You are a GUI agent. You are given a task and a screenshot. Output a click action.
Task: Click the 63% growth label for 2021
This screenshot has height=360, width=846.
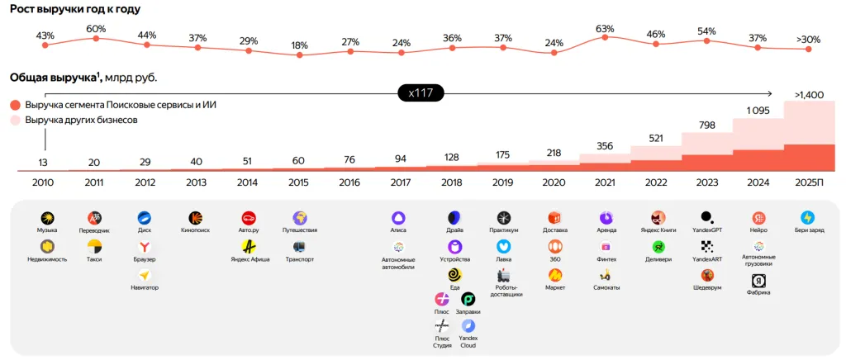[x=605, y=29]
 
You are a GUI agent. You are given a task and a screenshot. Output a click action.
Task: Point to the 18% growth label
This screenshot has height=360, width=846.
[x=299, y=45]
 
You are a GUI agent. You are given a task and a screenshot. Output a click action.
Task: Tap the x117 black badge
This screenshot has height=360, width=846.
[x=421, y=93]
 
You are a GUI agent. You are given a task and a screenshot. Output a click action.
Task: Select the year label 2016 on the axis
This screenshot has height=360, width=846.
[x=350, y=182]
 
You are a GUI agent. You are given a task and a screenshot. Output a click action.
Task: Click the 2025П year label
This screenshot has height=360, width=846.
[x=809, y=182]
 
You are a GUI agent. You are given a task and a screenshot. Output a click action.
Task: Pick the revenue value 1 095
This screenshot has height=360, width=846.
[x=758, y=111]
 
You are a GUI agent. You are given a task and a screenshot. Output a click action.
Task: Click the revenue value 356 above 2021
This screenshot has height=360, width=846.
[x=605, y=146]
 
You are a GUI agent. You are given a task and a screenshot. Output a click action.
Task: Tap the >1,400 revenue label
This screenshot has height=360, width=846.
[x=809, y=95]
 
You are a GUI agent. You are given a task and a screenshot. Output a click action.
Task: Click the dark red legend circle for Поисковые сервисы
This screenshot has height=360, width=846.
[x=15, y=106]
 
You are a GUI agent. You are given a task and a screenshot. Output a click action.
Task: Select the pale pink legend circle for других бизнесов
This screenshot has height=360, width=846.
[x=15, y=121]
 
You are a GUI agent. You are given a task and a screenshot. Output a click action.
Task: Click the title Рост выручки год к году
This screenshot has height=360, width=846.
[x=75, y=9]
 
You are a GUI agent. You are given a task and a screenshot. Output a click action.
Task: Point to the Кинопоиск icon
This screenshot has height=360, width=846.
[x=196, y=217]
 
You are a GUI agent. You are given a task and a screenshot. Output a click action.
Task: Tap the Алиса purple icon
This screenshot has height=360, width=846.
[x=398, y=217]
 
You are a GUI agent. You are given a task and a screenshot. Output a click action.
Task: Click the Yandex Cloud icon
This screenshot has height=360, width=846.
[x=468, y=326]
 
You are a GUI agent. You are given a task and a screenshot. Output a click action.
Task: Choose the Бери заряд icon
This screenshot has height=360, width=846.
[x=807, y=217]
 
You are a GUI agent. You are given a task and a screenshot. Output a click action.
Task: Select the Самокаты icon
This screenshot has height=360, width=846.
[x=606, y=274]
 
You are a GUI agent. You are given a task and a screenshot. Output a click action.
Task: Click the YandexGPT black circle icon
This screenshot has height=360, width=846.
[x=706, y=216]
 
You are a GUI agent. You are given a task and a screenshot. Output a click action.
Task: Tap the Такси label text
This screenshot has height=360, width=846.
[x=94, y=259]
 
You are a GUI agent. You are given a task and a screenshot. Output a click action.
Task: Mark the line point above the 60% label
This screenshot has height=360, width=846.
[x=97, y=38]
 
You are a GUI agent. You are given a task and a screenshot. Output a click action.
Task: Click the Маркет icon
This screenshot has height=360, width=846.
[x=555, y=274]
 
